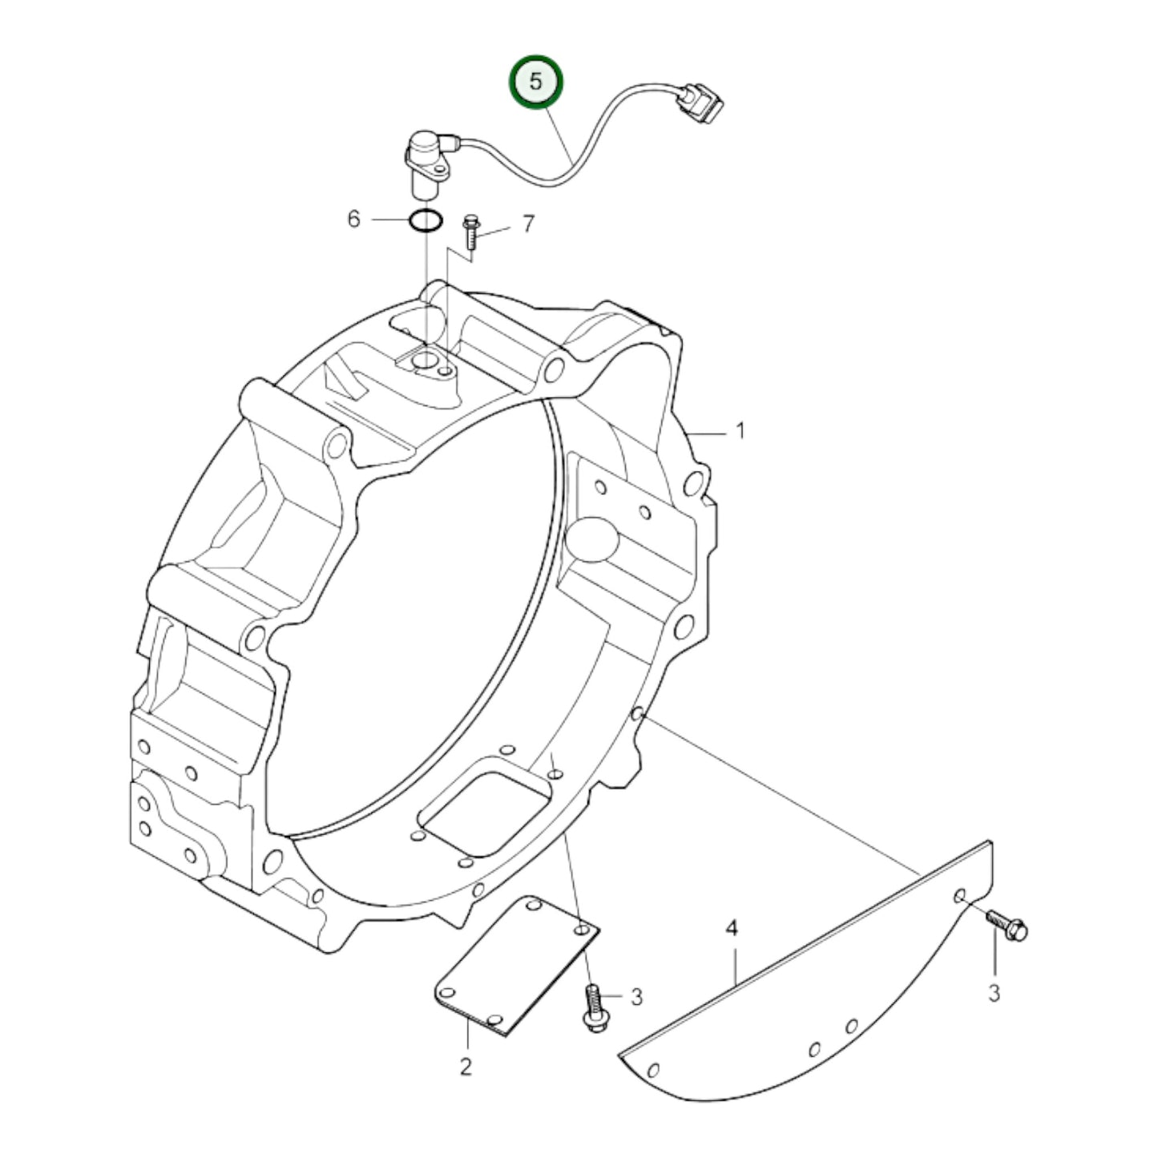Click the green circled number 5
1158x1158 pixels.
click(538, 82)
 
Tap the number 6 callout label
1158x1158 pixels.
click(354, 219)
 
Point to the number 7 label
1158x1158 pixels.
click(527, 224)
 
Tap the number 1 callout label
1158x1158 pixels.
click(740, 431)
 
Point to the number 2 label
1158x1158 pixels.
click(466, 1067)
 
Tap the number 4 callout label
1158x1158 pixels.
click(731, 930)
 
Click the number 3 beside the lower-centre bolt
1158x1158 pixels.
click(636, 998)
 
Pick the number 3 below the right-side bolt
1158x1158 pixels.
click(994, 994)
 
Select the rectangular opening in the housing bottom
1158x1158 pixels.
click(487, 809)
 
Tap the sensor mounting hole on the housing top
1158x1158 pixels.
click(424, 363)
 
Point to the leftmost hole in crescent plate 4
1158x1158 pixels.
click(653, 1069)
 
